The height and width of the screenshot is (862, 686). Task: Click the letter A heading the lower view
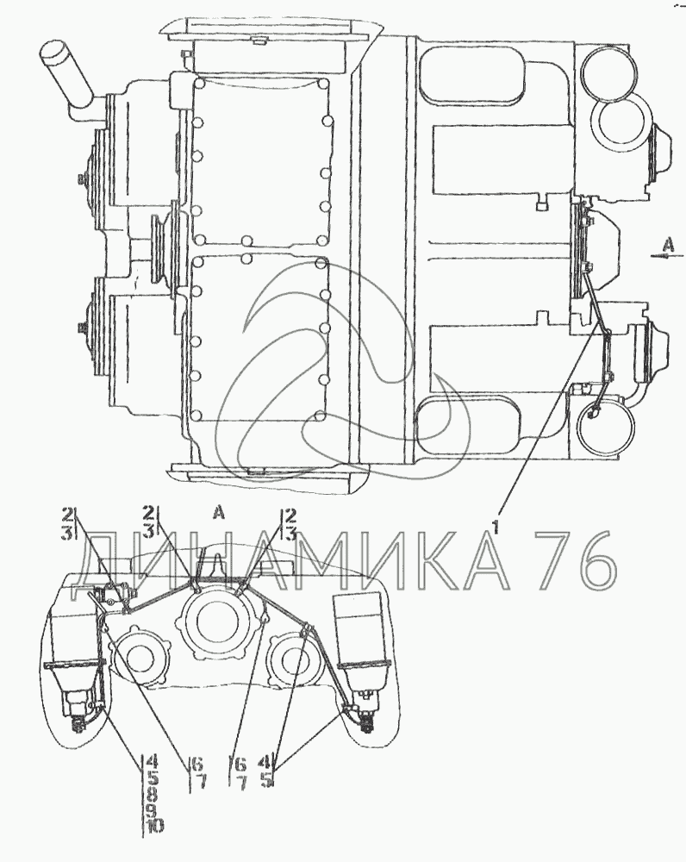coord(219,513)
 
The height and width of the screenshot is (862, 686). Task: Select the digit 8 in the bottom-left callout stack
coord(154,795)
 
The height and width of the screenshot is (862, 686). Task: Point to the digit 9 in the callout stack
coord(154,809)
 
